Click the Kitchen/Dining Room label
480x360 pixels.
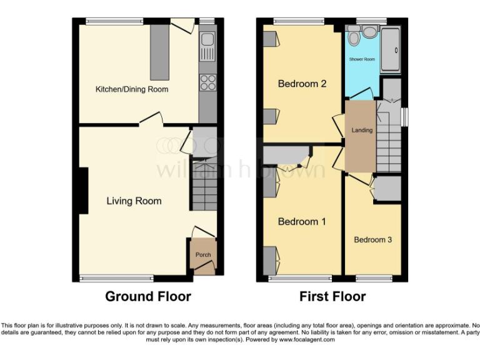[x=132, y=89]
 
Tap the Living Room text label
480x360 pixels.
[x=134, y=201]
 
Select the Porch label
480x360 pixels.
[x=203, y=255]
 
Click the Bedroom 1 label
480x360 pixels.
[x=302, y=221]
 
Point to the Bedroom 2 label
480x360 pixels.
[x=302, y=83]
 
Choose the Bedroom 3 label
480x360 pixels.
[x=372, y=239]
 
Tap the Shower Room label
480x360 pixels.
[x=362, y=59]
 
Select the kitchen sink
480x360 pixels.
[x=207, y=42]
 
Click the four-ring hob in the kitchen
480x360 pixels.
[x=207, y=82]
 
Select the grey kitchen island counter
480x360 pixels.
[x=159, y=52]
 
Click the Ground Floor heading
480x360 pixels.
[x=148, y=296]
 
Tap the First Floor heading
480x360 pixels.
[x=332, y=296]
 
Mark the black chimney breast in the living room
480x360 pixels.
[x=83, y=191]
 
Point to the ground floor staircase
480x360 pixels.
[x=203, y=185]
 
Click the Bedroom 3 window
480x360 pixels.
[x=374, y=277]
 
